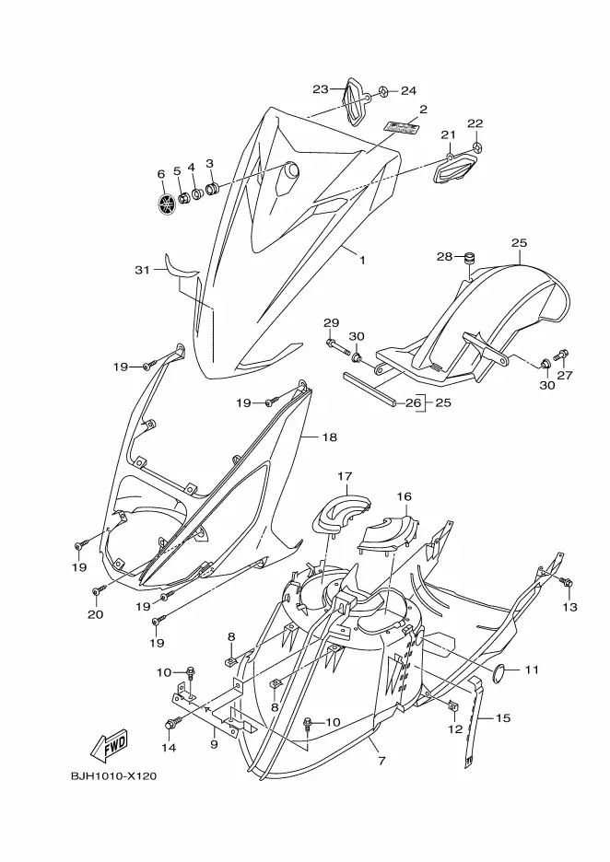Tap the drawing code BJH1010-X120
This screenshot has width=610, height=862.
113,776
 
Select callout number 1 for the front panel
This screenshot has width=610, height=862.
362,261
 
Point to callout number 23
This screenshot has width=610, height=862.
321,89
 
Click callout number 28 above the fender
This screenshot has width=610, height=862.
444,256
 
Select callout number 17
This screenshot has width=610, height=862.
345,476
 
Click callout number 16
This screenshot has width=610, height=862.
404,496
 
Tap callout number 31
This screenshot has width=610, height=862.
141,270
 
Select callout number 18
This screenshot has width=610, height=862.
329,437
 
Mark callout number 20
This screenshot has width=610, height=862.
95,614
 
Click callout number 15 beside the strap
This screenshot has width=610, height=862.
502,717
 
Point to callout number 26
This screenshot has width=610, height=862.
413,402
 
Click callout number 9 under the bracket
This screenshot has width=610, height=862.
213,744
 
